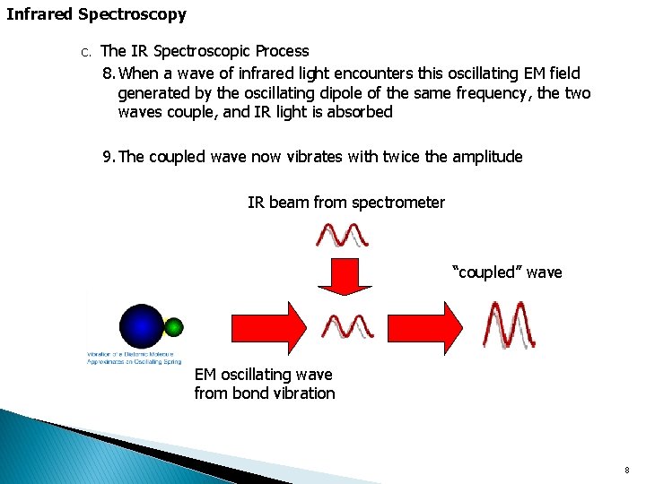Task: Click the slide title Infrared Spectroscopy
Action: click(x=97, y=14)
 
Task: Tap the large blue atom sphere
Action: click(x=142, y=325)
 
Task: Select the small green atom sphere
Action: click(x=175, y=326)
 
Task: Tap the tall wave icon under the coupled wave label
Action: click(x=509, y=324)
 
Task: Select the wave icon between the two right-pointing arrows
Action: click(x=348, y=326)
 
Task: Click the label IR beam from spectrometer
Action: click(x=345, y=203)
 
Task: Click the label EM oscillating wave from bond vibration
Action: click(x=265, y=384)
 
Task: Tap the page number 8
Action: click(x=627, y=470)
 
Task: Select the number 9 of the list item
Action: click(x=107, y=157)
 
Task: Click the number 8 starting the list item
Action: click(x=107, y=73)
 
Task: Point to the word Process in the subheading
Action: click(x=278, y=51)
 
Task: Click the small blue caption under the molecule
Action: click(x=134, y=358)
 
